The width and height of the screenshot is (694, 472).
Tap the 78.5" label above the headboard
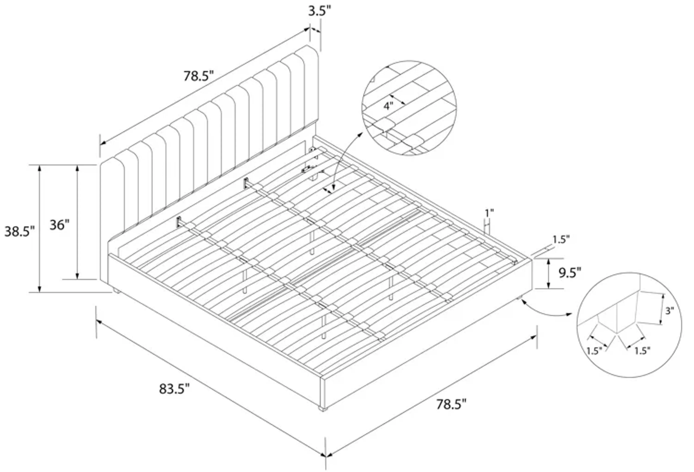pos(199,76)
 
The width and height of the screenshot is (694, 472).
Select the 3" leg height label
pos(670,311)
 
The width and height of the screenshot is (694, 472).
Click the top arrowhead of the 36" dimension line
pos(77,168)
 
